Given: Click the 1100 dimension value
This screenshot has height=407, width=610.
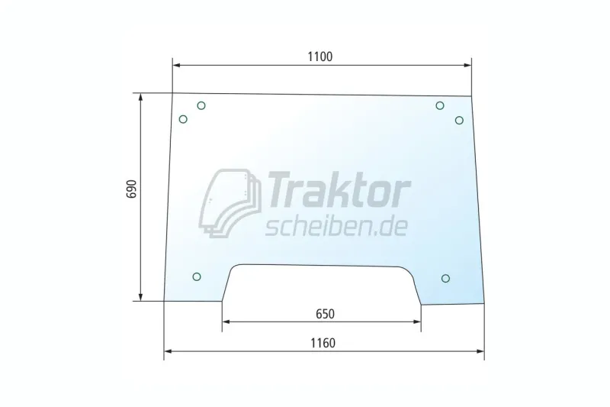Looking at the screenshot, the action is point(320,57).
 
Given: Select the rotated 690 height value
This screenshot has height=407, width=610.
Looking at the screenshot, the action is point(132,189).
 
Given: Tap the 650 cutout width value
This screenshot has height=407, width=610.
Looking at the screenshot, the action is point(325,314).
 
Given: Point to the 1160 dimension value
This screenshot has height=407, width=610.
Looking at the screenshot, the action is point(323,343).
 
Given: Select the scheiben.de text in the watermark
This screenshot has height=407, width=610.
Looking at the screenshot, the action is point(336,227).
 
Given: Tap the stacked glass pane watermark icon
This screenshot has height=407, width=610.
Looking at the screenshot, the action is point(230,203).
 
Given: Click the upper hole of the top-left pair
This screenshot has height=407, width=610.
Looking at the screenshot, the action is point(201,105).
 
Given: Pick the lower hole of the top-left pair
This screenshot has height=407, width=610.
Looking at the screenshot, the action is point(183,119).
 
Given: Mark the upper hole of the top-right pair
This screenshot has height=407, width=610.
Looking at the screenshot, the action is point(440,105).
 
